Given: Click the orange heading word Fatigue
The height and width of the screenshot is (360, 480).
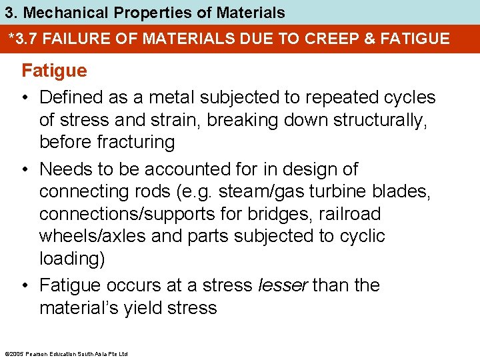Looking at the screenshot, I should tap(55, 70).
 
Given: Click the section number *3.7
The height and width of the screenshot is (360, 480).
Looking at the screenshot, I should tap(24, 39).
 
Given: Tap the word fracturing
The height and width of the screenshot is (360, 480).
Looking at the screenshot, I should tap(136, 142).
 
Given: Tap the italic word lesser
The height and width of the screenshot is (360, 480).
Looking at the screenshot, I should tap(282, 285).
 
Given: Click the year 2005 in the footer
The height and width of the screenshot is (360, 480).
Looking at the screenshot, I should tap(15, 353).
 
